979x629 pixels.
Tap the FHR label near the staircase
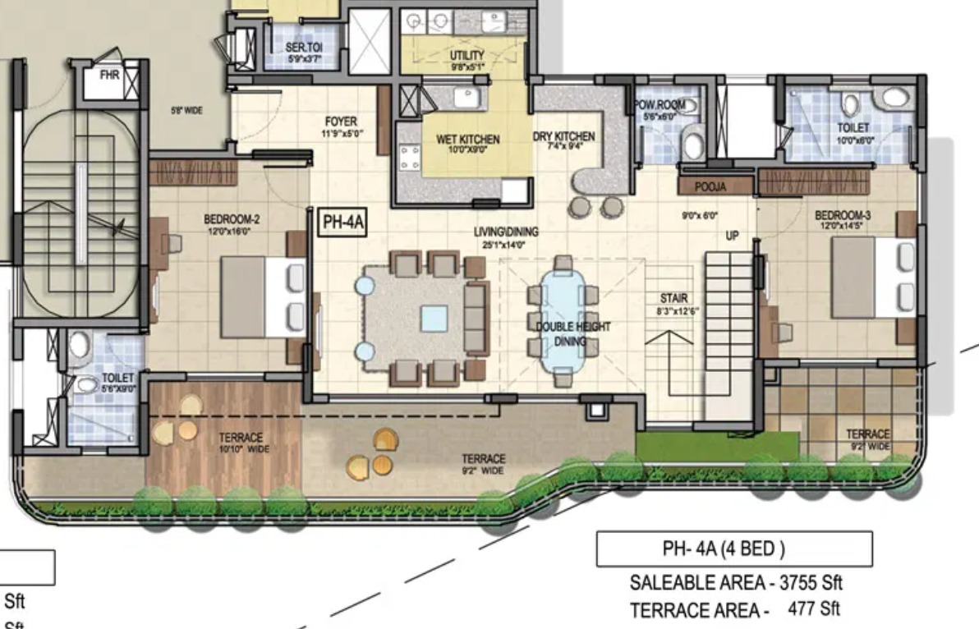109,75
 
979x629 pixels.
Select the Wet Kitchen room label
467,140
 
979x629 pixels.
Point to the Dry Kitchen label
563,136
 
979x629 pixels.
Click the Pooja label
710,187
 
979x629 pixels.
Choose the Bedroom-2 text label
232,220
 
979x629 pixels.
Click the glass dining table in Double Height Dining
563,320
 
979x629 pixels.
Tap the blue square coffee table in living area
434,319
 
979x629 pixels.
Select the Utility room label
467,56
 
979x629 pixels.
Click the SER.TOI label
304,48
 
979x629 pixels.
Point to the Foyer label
341,122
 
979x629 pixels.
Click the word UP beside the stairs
732,236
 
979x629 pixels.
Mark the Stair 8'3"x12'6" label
673,304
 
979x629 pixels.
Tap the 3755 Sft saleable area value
811,583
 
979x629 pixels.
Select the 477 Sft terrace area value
813,609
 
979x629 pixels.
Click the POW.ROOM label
659,105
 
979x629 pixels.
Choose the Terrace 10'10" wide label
241,442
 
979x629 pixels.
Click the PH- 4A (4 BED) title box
733,549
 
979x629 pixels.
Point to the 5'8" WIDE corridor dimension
186,110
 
